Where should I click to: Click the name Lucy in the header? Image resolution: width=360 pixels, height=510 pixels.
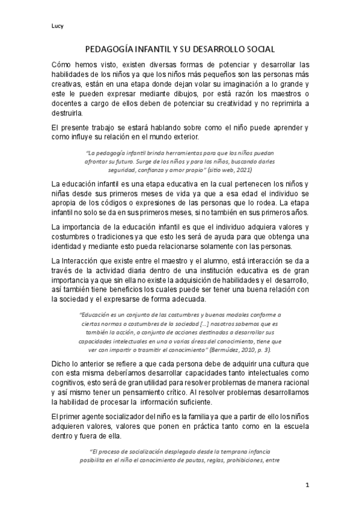58,26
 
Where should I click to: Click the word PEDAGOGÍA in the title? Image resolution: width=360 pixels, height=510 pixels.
108,52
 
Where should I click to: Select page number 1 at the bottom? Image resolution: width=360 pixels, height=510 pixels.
307,485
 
